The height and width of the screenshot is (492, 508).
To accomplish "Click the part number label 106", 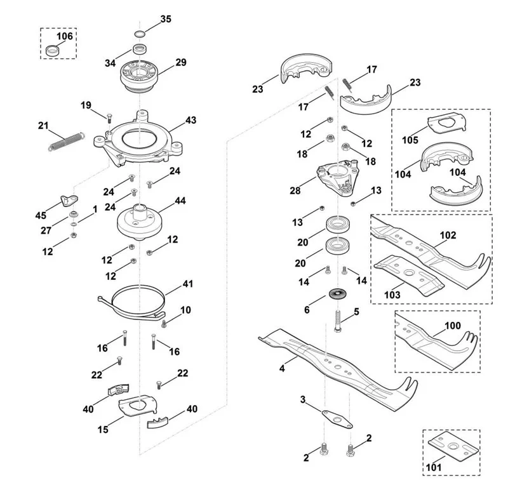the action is tap(65, 36).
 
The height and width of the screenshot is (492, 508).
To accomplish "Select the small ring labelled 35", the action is tap(140, 34).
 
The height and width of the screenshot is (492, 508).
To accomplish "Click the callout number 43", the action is tap(191, 120).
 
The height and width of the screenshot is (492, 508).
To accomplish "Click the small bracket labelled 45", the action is tap(69, 200).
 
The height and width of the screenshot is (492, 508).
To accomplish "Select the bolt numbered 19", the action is tap(109, 118).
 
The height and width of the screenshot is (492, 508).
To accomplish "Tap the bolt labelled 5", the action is tap(338, 321).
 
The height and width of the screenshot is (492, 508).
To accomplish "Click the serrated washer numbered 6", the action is tap(337, 295).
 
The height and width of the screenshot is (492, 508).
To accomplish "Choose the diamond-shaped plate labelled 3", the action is tap(337, 420).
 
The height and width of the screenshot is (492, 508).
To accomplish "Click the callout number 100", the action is tap(453, 326).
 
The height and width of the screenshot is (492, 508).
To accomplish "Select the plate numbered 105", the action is tap(448, 123).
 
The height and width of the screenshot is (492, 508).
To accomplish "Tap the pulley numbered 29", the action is tap(139, 76).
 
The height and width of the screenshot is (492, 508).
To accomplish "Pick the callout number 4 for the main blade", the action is tap(282, 368).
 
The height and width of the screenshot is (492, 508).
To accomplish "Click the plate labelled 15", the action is tap(138, 406).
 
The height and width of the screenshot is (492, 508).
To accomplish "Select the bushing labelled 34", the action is tap(140, 50).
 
